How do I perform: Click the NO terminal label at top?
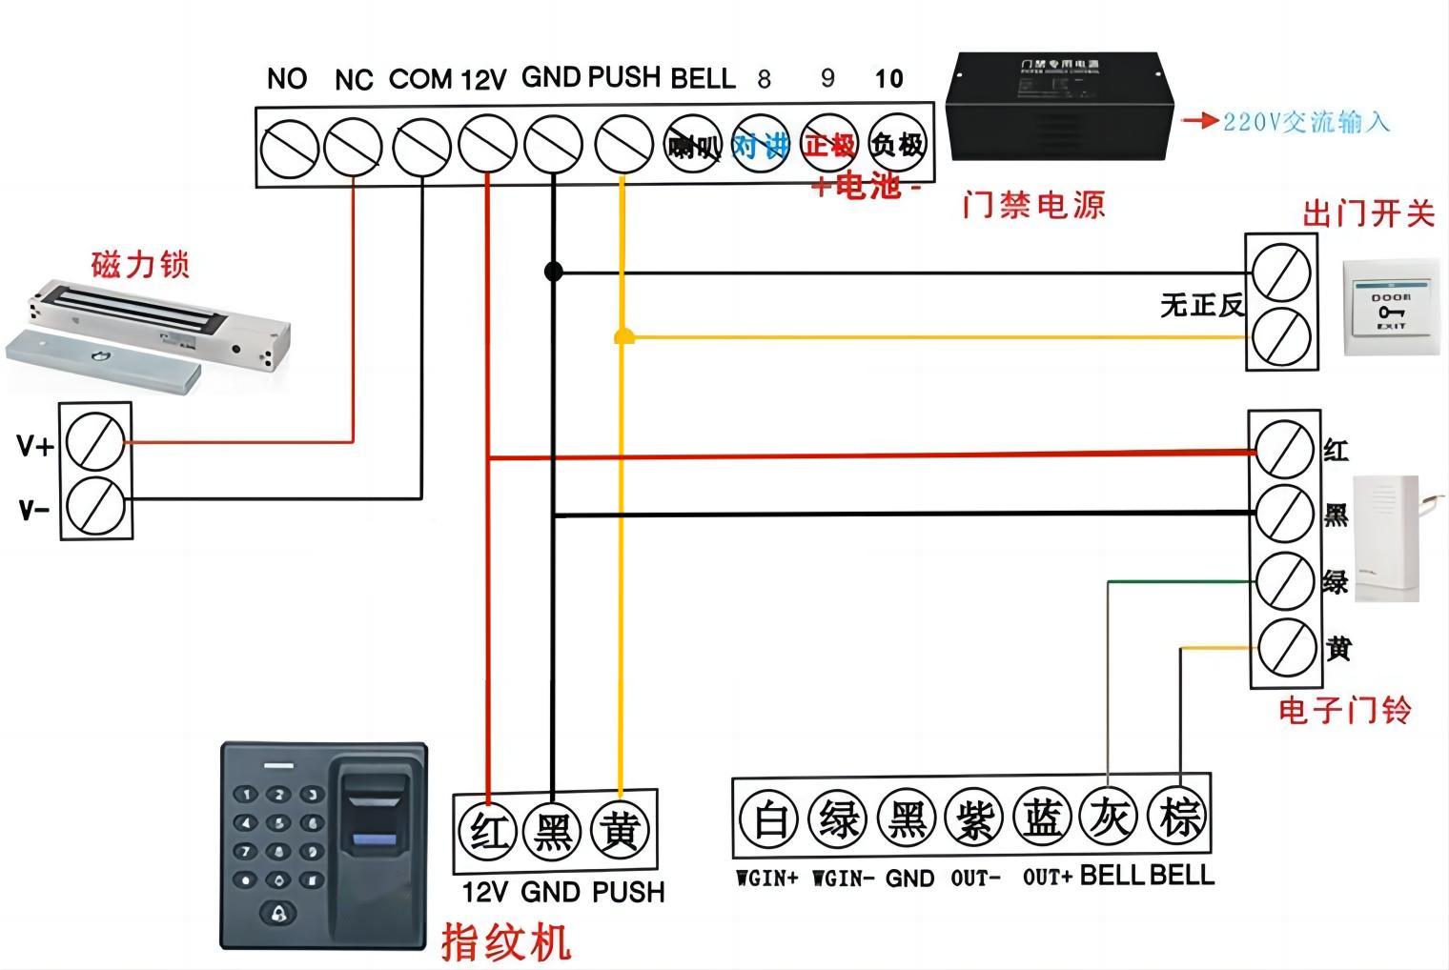tap(286, 78)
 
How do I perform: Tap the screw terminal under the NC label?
tap(353, 149)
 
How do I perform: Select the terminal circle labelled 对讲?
tap(760, 146)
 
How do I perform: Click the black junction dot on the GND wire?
tap(553, 272)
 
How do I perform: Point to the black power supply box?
tap(1058, 107)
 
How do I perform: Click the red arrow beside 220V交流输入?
tap(1199, 121)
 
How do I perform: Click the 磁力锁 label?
tap(140, 264)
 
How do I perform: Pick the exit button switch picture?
tap(1391, 307)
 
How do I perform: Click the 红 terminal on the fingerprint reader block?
tap(489, 830)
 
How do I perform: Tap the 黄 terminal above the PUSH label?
tap(620, 830)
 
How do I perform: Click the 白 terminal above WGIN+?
tap(768, 819)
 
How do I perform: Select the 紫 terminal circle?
tap(973, 819)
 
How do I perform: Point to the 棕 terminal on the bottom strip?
tap(1178, 818)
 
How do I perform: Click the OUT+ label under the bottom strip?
tap(1047, 877)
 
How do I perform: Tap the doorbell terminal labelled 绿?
tap(1284, 581)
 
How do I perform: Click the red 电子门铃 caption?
tap(1344, 710)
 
